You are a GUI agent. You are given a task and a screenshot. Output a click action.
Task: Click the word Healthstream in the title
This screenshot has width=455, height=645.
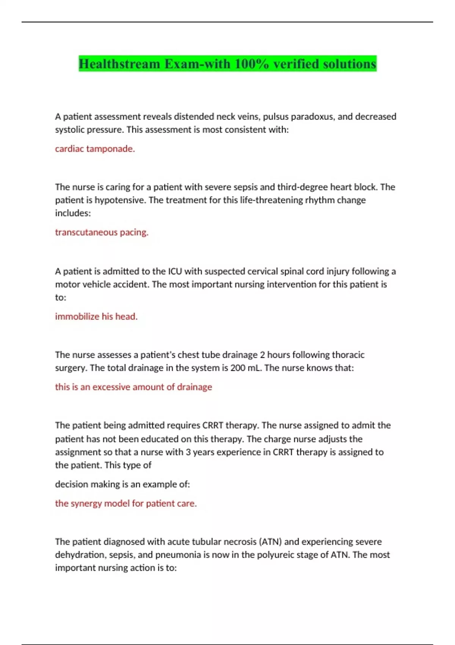(119, 64)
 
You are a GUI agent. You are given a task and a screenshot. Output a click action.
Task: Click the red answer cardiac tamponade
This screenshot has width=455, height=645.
(95, 149)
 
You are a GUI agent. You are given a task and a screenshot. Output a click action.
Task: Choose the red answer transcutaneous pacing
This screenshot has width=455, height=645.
(102, 232)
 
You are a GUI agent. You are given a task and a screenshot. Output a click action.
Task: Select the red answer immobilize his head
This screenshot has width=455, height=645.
(96, 316)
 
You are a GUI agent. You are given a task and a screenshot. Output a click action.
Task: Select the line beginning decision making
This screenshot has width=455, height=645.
(122, 485)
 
